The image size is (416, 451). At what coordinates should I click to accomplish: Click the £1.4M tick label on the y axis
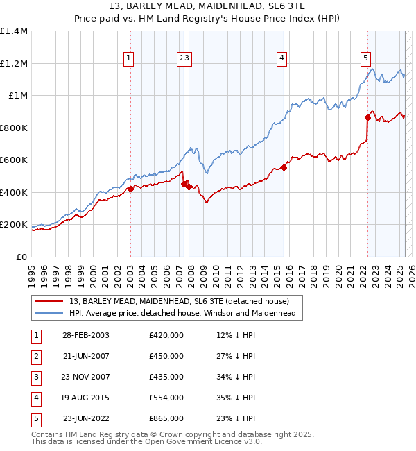(x=14, y=31)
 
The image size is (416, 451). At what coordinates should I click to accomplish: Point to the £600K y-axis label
(x=14, y=160)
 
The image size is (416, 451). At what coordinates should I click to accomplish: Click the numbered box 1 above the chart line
(x=130, y=59)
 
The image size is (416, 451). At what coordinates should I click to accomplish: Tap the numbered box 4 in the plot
(x=282, y=59)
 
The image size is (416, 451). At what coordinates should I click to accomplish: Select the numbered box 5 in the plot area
(x=365, y=59)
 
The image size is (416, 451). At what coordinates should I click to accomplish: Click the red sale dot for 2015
(x=284, y=167)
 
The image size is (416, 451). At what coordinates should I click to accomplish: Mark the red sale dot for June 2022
(x=367, y=117)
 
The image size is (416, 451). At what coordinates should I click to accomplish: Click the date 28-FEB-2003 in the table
(x=86, y=335)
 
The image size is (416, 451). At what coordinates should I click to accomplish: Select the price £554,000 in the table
(x=166, y=398)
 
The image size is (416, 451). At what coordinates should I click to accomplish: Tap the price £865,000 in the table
(x=166, y=418)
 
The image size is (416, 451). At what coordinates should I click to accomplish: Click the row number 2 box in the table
(x=35, y=356)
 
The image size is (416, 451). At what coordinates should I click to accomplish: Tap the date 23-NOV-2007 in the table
(x=86, y=377)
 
